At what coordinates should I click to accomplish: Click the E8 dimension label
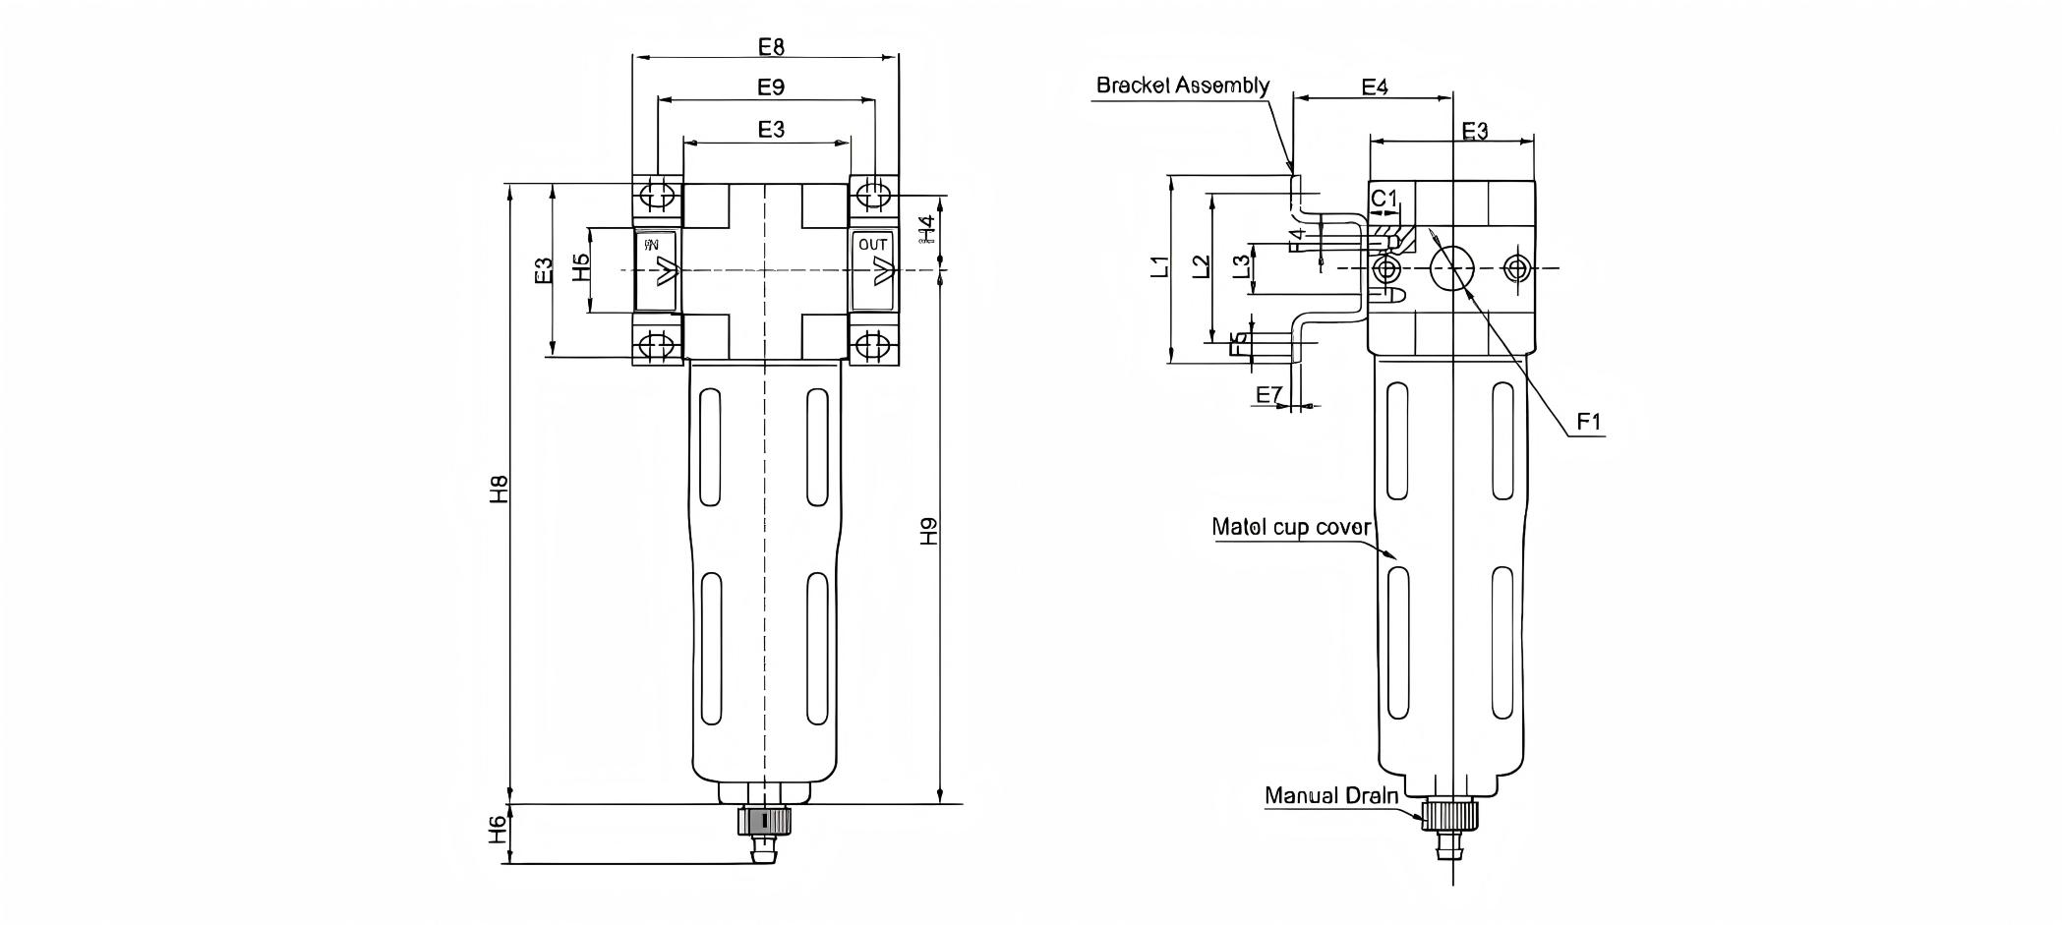[771, 46]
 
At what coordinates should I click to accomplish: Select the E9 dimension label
[771, 87]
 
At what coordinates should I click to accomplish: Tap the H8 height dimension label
[499, 489]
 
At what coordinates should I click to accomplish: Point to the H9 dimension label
[928, 532]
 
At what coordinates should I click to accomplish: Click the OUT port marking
[872, 245]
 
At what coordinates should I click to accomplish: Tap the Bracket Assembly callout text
[1182, 86]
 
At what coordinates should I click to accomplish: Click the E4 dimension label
[1374, 87]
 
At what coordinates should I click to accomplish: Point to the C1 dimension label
[1384, 199]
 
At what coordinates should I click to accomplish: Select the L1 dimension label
[1161, 266]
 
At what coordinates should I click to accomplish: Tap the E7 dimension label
[1269, 395]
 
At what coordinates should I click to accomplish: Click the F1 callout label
[1589, 422]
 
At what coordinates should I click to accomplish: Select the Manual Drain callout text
[1330, 795]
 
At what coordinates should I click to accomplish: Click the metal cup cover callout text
[1290, 527]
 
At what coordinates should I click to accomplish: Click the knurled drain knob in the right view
[1449, 814]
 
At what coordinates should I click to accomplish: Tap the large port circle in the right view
[1452, 267]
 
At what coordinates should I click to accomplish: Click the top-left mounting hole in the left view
[657, 194]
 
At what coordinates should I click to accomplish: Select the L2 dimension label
[1201, 266]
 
